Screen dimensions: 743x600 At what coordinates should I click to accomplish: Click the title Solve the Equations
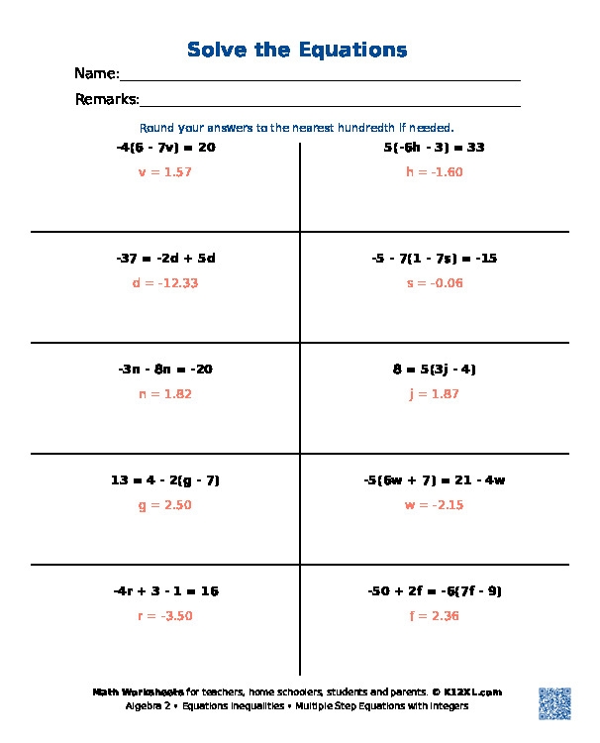297,50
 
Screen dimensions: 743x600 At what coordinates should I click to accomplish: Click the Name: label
97,74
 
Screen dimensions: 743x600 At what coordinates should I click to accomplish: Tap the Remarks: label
107,99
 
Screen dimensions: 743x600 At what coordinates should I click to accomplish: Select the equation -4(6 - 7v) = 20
165,148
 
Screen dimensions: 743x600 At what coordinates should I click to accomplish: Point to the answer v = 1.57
165,172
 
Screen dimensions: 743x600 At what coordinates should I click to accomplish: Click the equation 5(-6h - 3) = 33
434,148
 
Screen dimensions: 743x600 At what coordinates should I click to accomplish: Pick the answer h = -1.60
434,172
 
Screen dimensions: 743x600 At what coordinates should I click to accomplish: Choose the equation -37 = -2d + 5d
165,259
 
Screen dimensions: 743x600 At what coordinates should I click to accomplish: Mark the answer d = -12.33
165,283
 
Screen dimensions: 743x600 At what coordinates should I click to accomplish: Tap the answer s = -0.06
434,283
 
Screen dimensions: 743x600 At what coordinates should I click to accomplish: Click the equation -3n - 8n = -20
165,370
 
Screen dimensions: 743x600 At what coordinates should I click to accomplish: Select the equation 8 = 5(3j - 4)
434,370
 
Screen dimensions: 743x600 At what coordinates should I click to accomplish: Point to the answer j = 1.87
434,394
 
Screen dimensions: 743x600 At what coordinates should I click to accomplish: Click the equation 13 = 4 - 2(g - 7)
165,480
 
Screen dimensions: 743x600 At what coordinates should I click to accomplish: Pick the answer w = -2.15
434,505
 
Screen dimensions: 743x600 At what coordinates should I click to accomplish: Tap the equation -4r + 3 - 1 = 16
165,591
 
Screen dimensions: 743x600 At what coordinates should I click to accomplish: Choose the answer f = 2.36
434,616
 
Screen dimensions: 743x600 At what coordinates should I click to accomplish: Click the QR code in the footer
555,702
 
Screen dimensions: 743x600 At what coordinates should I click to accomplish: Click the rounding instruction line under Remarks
297,128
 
